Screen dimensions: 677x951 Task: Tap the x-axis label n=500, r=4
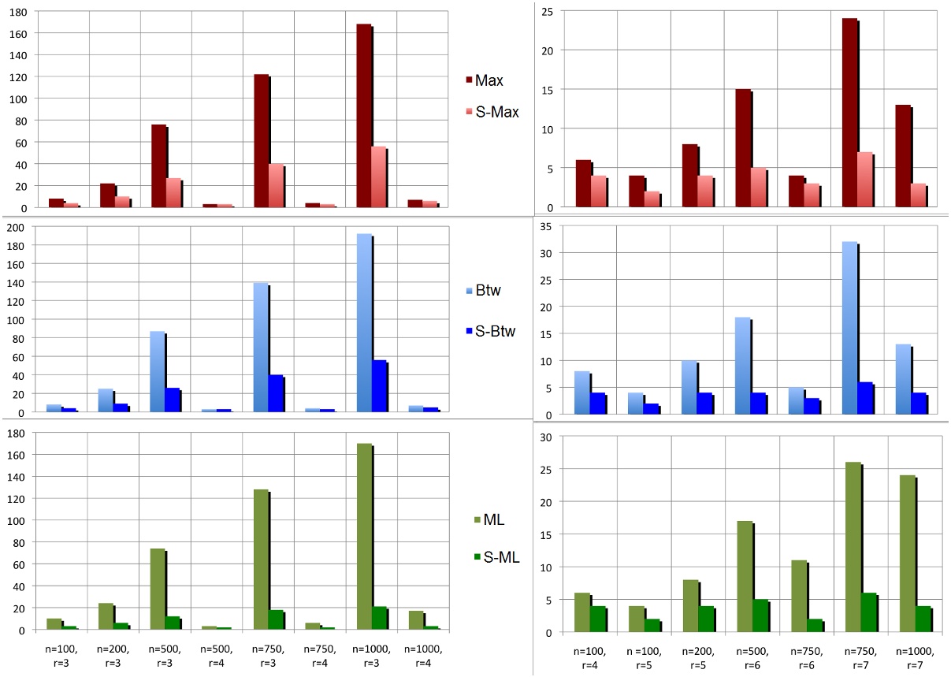[x=217, y=657]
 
